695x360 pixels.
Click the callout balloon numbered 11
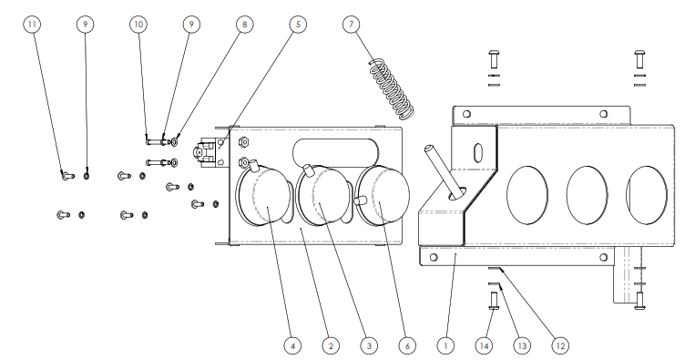(32, 24)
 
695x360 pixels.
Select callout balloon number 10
(138, 24)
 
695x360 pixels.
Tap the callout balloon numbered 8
(245, 24)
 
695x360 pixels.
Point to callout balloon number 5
(298, 24)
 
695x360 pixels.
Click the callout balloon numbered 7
(352, 24)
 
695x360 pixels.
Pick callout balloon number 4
(292, 345)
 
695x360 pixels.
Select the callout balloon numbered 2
(331, 345)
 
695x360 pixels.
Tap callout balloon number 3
(369, 345)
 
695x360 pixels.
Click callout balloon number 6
(407, 345)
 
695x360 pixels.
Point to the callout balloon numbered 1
(445, 345)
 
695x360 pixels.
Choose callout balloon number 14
(484, 345)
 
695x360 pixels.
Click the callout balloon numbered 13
(522, 345)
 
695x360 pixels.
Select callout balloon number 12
(561, 345)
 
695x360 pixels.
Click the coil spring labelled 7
(393, 89)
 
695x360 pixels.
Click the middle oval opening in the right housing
(587, 195)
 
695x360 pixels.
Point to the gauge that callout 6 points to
(382, 194)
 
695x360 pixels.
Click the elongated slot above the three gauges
(335, 153)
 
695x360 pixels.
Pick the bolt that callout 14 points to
(494, 301)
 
